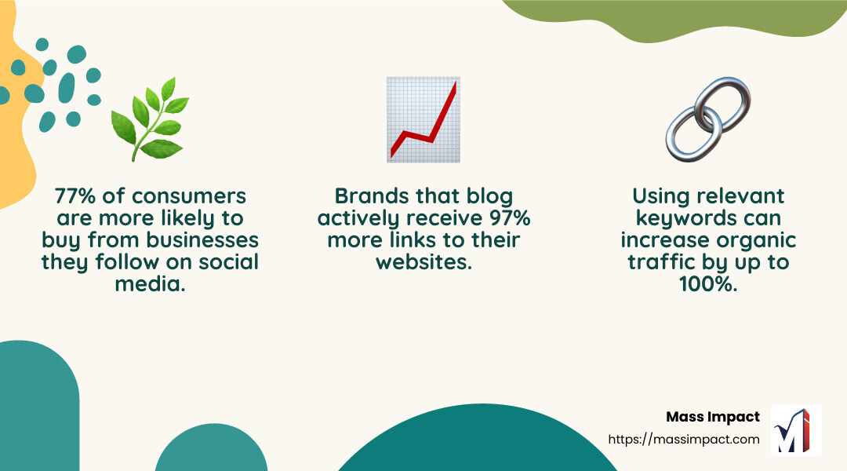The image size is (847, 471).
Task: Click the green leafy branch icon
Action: (150, 119)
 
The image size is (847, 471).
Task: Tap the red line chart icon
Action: (423, 119)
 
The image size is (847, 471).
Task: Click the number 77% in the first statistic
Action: (75, 195)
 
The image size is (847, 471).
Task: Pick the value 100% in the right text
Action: (708, 283)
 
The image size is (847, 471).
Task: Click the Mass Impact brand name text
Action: (713, 417)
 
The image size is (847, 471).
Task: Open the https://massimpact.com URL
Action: (684, 439)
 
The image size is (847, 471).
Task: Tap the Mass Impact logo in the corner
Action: (796, 430)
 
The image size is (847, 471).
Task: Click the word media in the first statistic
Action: (150, 283)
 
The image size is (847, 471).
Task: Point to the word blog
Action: (492, 195)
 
